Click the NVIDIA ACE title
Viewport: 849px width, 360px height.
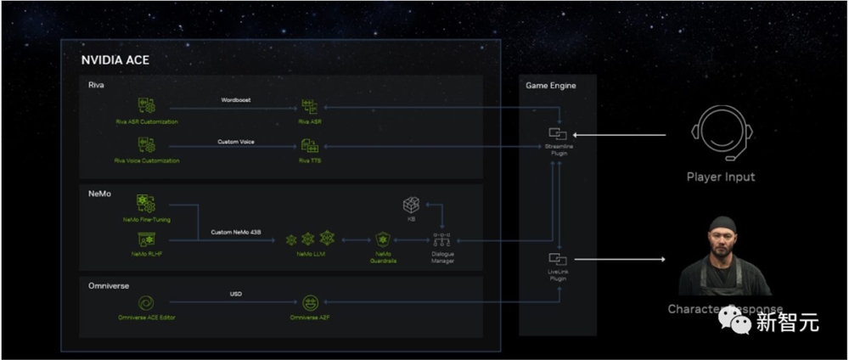pyautogui.click(x=115, y=60)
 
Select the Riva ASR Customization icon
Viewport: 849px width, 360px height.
pyautogui.click(x=147, y=106)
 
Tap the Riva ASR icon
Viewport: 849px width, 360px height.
pyautogui.click(x=309, y=106)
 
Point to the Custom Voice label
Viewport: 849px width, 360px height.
pyautogui.click(x=235, y=141)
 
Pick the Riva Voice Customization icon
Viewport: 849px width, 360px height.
pyautogui.click(x=147, y=146)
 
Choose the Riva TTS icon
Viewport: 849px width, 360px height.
pyautogui.click(x=309, y=146)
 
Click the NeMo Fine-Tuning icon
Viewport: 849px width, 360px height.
pyautogui.click(x=146, y=204)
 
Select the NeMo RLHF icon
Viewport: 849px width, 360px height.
pyautogui.click(x=146, y=239)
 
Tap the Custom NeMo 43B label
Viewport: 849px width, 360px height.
pyautogui.click(x=236, y=233)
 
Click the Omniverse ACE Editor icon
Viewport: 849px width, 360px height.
pyautogui.click(x=146, y=301)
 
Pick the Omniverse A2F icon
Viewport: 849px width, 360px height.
pyautogui.click(x=309, y=302)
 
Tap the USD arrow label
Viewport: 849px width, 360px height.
pyautogui.click(x=236, y=295)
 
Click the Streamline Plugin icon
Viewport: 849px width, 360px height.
pyautogui.click(x=559, y=133)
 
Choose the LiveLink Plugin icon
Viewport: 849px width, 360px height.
pyautogui.click(x=558, y=258)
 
